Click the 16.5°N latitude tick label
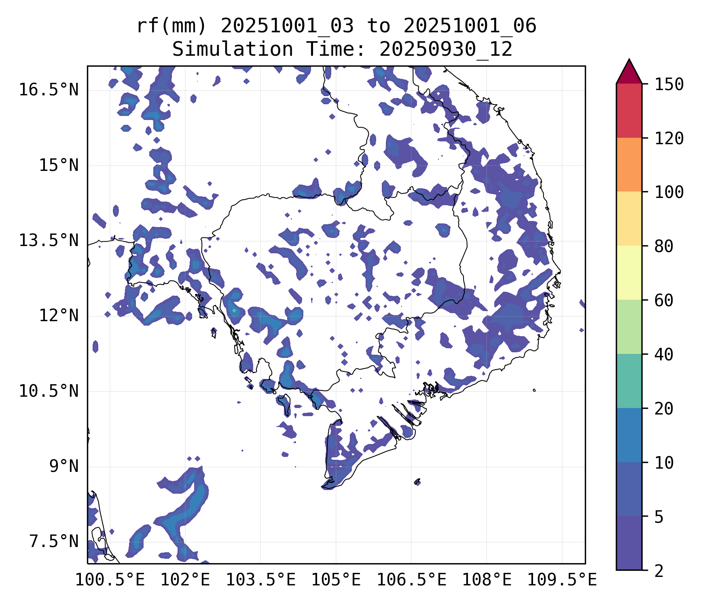point(49,90)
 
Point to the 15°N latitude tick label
point(59,165)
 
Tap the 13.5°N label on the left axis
point(49,240)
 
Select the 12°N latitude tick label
point(59,316)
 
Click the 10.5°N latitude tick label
point(49,391)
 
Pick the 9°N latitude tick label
point(64,466)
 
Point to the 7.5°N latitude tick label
point(54,541)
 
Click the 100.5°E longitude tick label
point(110,580)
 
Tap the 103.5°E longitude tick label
point(260,580)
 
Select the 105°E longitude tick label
point(336,580)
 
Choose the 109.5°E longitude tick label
point(562,580)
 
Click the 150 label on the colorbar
point(669,85)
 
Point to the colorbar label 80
point(664,246)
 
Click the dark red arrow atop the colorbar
point(629,73)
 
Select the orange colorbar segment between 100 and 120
point(629,164)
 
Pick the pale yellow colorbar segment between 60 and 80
point(629,272)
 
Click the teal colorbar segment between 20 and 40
point(629,381)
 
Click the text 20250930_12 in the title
point(446,50)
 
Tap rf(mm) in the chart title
point(171,26)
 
